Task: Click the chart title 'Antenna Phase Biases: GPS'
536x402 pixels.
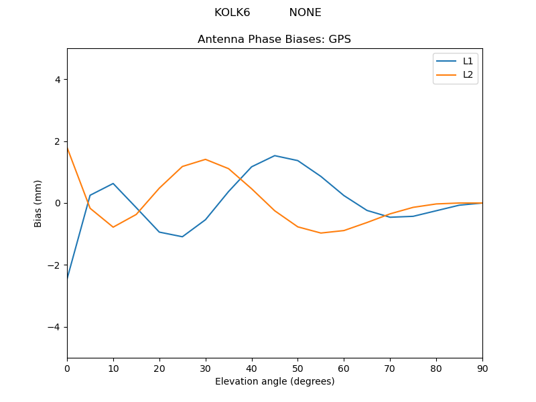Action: pos(274,40)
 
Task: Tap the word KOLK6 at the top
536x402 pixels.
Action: pos(232,13)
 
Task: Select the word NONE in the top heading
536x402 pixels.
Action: pos(305,13)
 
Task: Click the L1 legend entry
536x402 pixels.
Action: pos(468,61)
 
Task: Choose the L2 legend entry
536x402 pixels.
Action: pos(468,74)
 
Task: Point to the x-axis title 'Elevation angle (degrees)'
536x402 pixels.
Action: pos(275,381)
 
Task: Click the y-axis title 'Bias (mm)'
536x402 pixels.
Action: pos(38,203)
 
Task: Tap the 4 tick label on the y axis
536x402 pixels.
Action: pos(57,80)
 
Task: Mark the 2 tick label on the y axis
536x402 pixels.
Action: pos(57,141)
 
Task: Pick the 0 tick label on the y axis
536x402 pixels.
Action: pos(57,203)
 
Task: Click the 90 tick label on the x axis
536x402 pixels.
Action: pos(482,368)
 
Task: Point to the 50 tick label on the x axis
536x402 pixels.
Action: pos(297,368)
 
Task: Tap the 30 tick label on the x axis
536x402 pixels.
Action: pos(206,368)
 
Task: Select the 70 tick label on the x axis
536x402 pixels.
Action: pos(390,368)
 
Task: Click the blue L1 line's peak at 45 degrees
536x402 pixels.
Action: pos(275,155)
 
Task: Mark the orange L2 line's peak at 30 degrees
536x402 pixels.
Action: pos(206,159)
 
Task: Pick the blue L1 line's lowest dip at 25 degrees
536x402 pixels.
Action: pos(182,237)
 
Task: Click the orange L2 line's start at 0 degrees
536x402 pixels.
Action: pos(68,148)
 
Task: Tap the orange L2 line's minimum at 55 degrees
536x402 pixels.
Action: pos(321,233)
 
